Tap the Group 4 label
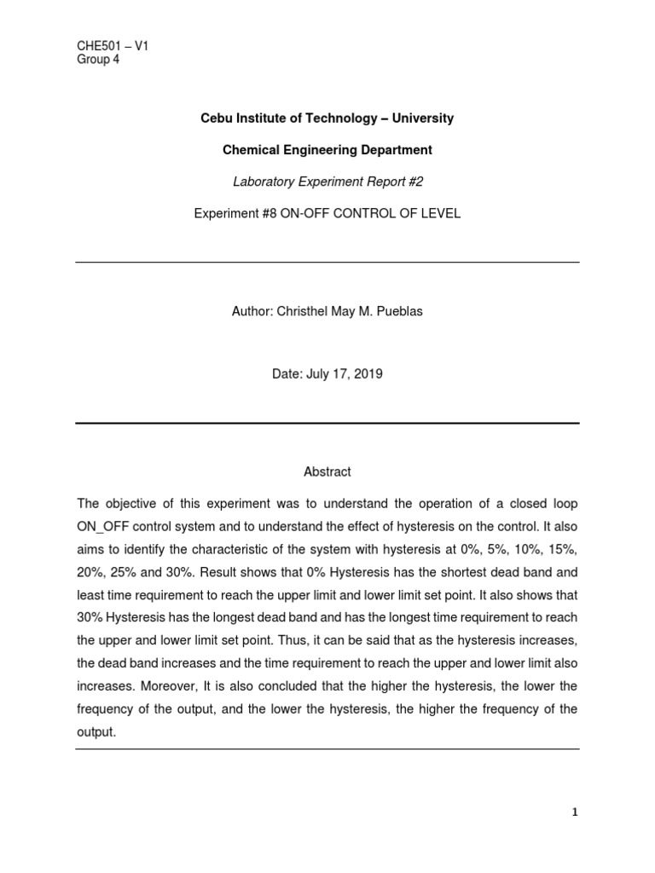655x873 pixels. (98, 60)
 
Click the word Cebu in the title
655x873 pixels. (215, 119)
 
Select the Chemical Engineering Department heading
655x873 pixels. (327, 150)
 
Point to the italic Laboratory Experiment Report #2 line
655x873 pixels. (327, 182)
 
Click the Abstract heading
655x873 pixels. (327, 471)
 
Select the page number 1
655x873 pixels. (575, 812)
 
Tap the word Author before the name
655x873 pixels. (251, 311)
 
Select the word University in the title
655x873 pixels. (425, 119)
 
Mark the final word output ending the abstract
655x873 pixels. (96, 732)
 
